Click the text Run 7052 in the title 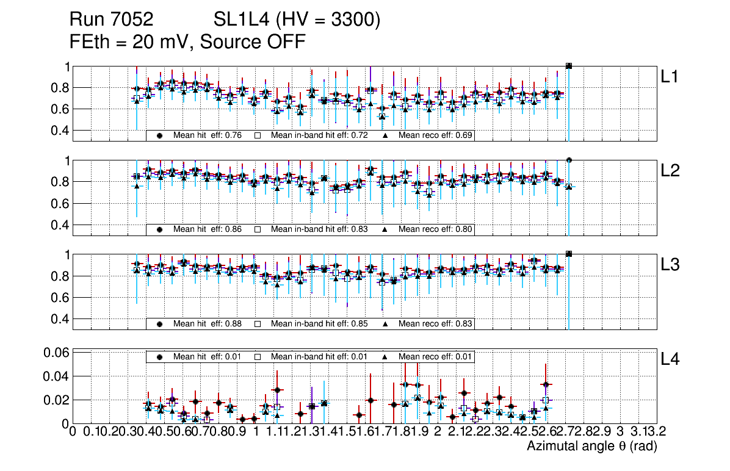pos(111,20)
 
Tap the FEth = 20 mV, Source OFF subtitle pos(187,41)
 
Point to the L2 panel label pos(670,171)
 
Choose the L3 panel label pos(670,265)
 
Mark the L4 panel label pos(670,359)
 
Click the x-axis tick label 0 pos(73,432)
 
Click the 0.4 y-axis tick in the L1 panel pos(59,131)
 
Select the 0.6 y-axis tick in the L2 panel pos(59,203)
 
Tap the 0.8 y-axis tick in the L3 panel pos(59,276)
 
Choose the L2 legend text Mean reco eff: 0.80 pos(436,229)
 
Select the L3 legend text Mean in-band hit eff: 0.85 pos(319,323)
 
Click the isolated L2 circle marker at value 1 pos(569,160)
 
